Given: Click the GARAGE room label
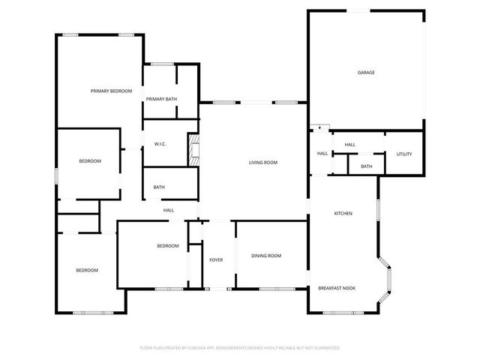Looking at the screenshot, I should [x=365, y=73].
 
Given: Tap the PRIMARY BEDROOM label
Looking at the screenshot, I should [x=111, y=91].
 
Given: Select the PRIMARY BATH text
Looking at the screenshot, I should [x=161, y=99].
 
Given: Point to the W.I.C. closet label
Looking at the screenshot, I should [x=160, y=143].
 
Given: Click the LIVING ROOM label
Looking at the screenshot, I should [x=263, y=162].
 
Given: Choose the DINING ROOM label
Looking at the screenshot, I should [x=266, y=256].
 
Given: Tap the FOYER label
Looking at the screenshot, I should [x=216, y=259].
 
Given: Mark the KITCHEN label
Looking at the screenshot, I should [x=343, y=214].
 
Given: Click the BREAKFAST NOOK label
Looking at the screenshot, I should [x=336, y=288].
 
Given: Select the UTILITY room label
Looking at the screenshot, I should [x=403, y=154].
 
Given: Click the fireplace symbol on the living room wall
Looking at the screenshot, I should [x=195, y=150].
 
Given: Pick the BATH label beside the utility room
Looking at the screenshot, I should [x=366, y=166].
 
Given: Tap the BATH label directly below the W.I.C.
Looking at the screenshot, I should [x=159, y=187].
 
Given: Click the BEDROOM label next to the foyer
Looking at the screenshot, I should [x=167, y=246].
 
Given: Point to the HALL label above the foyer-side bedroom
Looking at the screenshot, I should [x=169, y=210].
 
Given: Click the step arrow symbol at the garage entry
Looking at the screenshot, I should [x=320, y=127].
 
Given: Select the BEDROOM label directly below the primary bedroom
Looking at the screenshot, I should [x=90, y=161].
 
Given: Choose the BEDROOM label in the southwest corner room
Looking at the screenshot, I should [x=86, y=270].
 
